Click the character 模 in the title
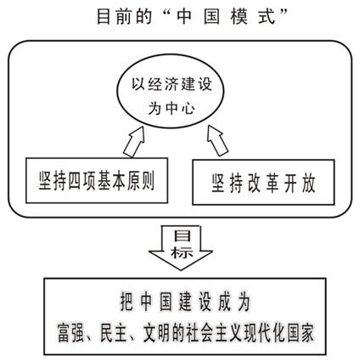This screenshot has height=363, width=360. click(x=239, y=17)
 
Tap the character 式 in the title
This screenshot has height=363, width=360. click(x=267, y=17)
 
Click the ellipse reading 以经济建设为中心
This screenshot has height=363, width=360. click(x=171, y=97)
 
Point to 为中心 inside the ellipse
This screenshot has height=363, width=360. click(x=172, y=108)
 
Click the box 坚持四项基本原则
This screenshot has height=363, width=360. click(x=97, y=180)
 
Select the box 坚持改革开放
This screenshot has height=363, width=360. click(x=263, y=182)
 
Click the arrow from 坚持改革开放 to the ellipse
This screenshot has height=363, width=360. click(x=217, y=140)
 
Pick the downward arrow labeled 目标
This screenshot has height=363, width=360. click(x=181, y=247)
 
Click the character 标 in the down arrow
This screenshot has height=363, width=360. click(x=182, y=252)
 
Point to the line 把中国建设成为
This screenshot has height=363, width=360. click(x=185, y=301)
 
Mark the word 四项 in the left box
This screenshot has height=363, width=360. click(x=82, y=181)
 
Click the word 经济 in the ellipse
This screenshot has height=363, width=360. click(x=156, y=84)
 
